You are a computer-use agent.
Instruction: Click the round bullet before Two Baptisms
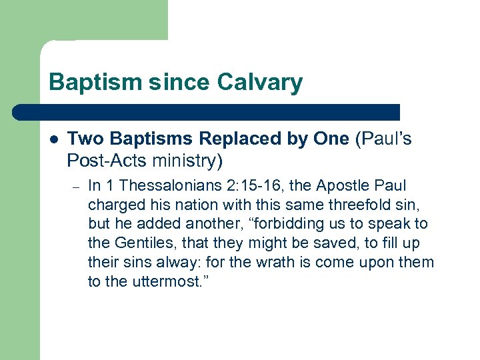point(53,139)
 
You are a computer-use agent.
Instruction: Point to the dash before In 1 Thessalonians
point(75,186)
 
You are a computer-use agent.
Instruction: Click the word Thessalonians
point(167,185)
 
